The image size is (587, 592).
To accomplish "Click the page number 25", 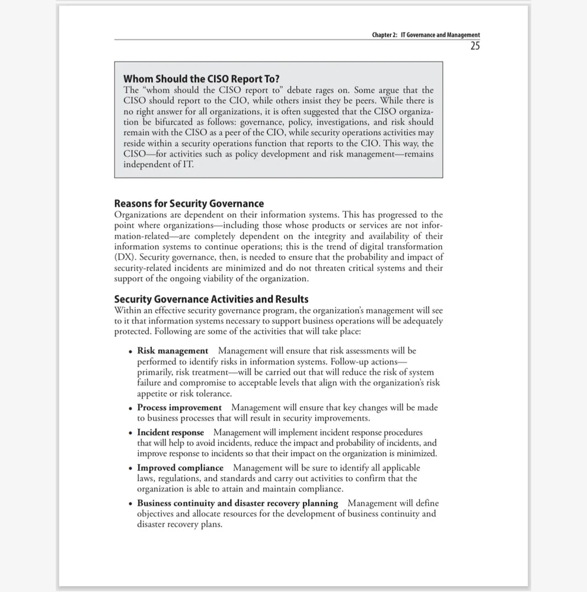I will [x=474, y=46].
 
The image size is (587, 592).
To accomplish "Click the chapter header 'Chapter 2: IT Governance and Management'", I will [x=426, y=35].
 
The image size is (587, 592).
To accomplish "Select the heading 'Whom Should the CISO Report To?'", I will [x=201, y=79].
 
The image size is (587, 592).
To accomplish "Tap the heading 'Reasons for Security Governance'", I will [x=189, y=203].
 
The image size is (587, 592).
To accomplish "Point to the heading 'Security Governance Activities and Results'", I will [x=211, y=299].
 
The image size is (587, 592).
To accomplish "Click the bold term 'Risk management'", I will [x=173, y=351].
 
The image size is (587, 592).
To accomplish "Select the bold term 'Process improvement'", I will [x=179, y=408].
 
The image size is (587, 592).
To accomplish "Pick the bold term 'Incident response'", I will [x=170, y=432].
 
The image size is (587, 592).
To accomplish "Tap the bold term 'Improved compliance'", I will [x=180, y=468].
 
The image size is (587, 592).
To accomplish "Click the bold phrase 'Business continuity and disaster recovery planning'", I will [x=237, y=503].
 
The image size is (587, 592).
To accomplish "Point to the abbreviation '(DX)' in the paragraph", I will [x=124, y=257].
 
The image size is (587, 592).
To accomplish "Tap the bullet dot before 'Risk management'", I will [x=130, y=351].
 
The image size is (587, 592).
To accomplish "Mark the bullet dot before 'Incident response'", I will [x=130, y=433].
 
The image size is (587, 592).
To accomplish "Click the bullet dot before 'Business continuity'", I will [x=130, y=504].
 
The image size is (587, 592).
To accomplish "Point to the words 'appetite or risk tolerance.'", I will [x=184, y=393].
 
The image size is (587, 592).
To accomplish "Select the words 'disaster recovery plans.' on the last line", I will [x=180, y=524].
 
